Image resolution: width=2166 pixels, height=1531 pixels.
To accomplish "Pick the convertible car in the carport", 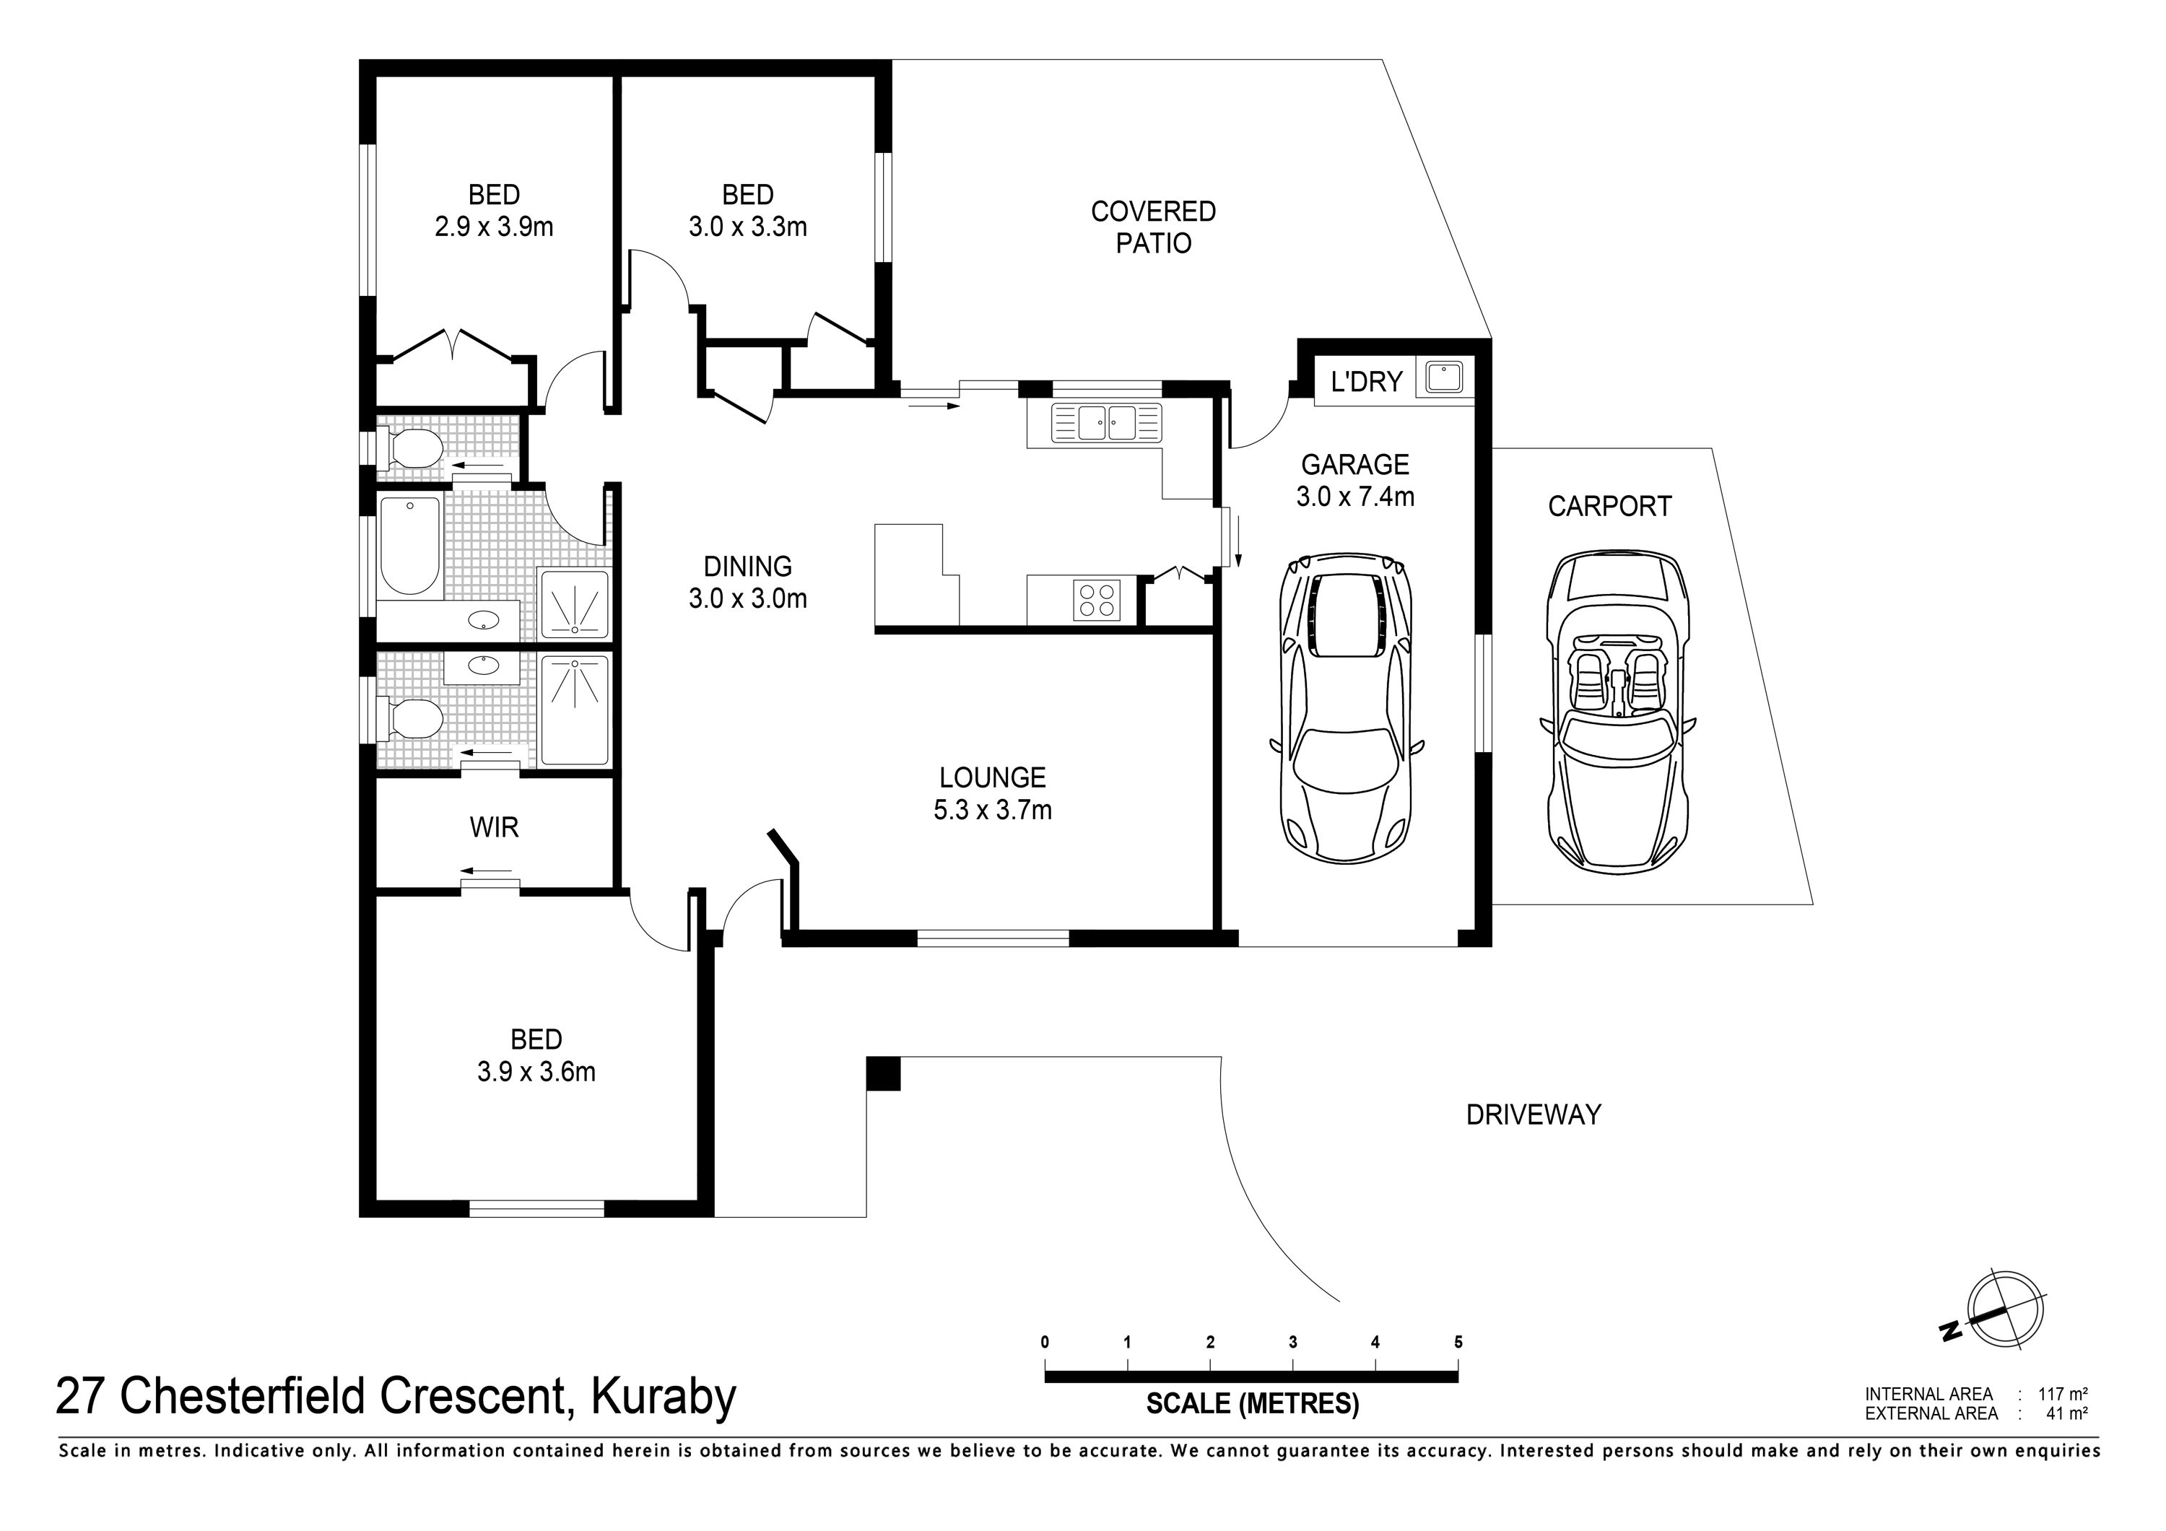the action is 1617,712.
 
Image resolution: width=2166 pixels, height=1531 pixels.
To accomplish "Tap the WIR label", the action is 495,827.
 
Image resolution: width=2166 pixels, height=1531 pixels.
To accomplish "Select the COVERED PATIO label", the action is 1153,227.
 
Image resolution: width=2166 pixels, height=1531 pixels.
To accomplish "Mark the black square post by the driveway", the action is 883,1073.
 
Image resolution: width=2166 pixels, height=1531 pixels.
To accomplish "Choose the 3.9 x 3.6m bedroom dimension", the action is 536,1072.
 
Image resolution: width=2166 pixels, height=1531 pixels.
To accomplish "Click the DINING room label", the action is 748,566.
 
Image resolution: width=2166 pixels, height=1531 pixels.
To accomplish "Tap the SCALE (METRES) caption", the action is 1252,1404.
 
